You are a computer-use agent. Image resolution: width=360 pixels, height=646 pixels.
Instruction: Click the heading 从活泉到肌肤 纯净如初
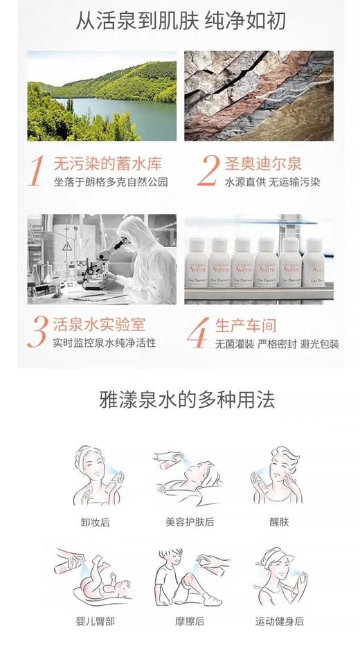(180, 21)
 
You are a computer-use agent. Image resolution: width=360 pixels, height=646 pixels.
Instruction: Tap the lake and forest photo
(102, 96)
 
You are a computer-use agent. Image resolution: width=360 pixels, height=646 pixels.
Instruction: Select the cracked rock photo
(259, 96)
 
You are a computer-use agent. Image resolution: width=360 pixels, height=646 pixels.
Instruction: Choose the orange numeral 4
(199, 333)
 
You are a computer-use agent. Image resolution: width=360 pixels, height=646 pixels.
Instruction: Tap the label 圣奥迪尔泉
(263, 164)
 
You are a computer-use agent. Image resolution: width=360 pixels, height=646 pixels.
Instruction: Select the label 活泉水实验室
(100, 323)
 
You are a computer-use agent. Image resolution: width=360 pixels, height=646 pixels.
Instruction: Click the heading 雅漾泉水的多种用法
(180, 400)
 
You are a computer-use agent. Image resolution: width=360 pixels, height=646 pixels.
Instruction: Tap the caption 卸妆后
(96, 522)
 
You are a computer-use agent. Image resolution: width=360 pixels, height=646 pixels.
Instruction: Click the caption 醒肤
(280, 522)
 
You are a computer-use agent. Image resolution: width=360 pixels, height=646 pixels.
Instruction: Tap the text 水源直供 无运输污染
(269, 183)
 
